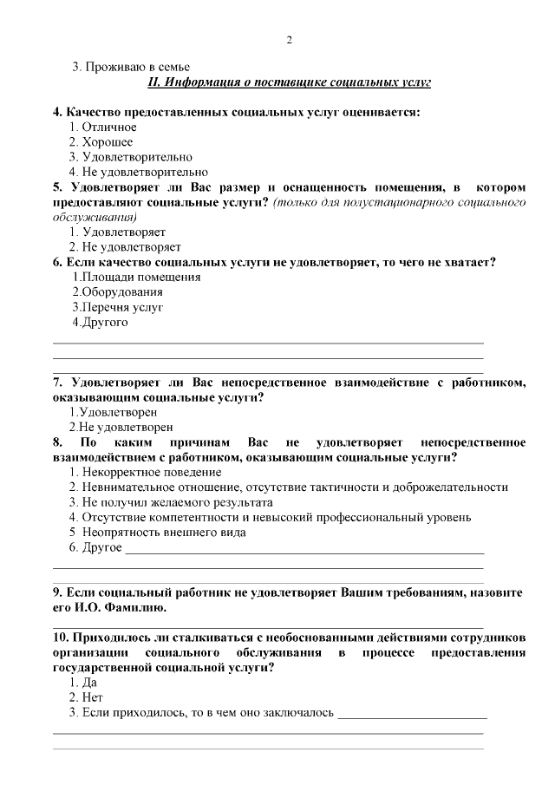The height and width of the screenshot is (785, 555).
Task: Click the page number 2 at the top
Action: coord(290,40)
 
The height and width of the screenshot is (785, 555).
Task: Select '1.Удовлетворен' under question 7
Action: coord(113,412)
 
